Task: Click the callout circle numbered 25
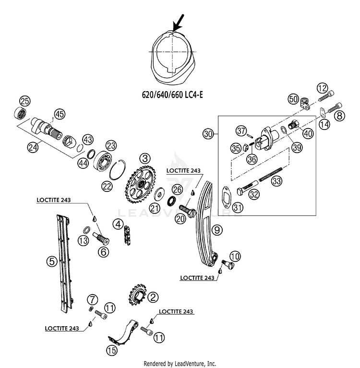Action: pos(25,101)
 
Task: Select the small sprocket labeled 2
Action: pos(138,295)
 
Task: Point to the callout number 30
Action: pos(208,134)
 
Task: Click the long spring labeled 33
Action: pos(270,174)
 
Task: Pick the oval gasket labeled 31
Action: pos(227,197)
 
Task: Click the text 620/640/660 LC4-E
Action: pos(173,95)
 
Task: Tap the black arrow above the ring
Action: pos(178,23)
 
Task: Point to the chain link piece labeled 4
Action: pos(128,236)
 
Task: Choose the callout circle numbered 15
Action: pos(111,350)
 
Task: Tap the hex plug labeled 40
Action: pos(293,124)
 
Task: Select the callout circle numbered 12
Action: pos(322,88)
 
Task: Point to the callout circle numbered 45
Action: pos(60,114)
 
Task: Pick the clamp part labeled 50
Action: pos(305,103)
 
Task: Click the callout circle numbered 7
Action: pos(92,300)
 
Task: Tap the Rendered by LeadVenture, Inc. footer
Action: pos(180,364)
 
